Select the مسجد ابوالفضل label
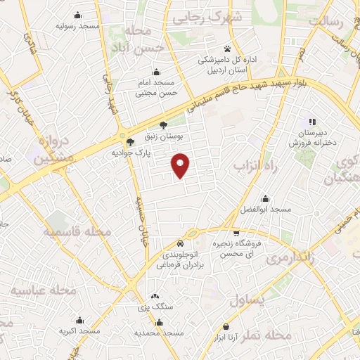264,210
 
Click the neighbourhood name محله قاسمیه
78,231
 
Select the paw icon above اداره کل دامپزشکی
227,49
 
